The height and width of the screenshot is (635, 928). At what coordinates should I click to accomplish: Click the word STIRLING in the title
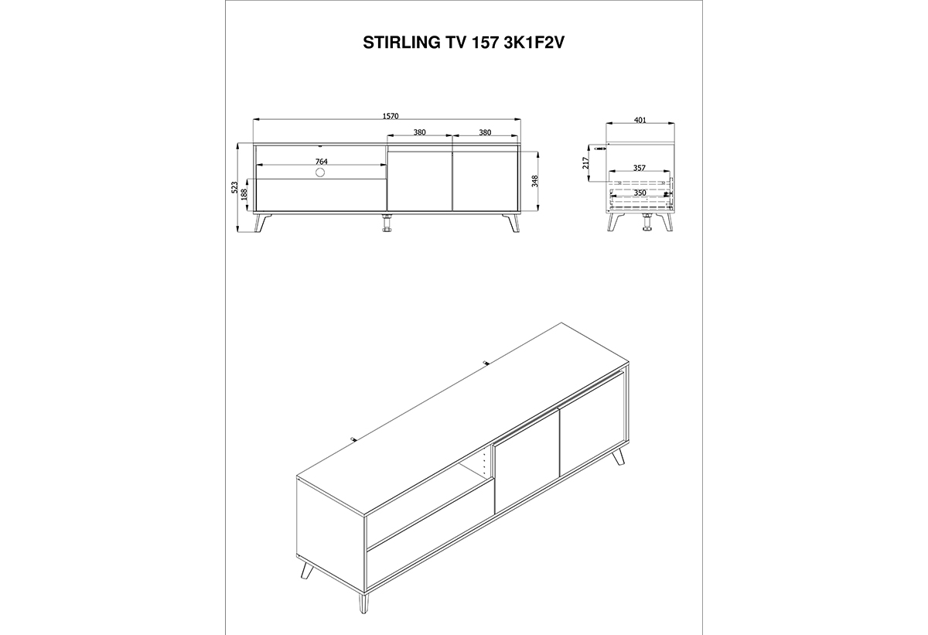[396, 43]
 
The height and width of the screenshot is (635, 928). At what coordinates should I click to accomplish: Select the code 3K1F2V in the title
[534, 43]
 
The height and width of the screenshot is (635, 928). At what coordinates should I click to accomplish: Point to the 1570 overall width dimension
[391, 116]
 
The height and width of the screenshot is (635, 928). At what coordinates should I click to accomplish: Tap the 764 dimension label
[322, 161]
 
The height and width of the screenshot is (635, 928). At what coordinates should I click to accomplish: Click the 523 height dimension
[234, 187]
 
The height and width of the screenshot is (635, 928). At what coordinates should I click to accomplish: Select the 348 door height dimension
[534, 182]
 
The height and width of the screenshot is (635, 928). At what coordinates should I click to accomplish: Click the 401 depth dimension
[640, 120]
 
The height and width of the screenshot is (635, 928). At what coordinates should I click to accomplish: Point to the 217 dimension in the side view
[585, 162]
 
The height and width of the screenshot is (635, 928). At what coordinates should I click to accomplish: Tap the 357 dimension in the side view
[640, 168]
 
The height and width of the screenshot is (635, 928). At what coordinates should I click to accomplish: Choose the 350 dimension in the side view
[640, 193]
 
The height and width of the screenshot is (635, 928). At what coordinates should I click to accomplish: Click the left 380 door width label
[419, 132]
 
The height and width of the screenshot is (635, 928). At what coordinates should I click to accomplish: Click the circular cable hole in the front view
[320, 172]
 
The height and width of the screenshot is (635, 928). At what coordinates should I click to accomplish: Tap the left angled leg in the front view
[263, 224]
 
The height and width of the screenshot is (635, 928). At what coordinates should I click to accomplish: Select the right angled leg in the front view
[511, 224]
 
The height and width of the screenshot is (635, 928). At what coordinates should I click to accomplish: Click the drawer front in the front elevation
[322, 195]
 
